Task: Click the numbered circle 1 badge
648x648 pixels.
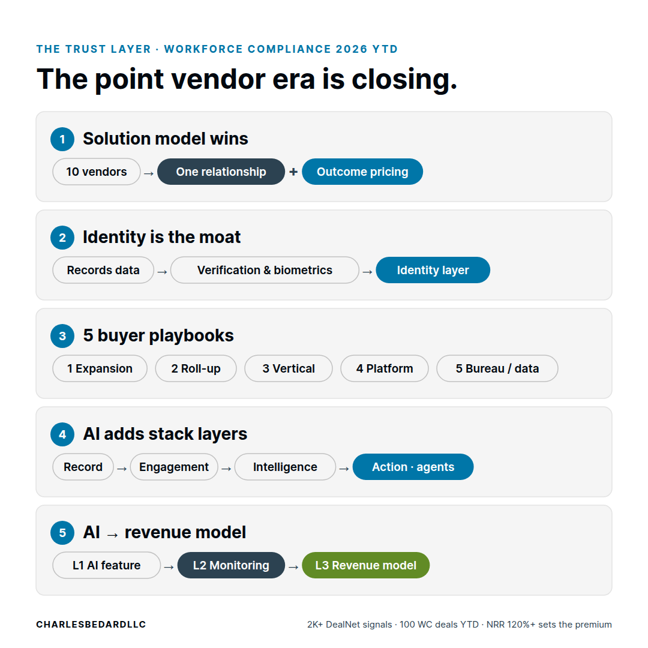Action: pyautogui.click(x=62, y=139)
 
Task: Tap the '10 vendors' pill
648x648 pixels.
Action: pyautogui.click(x=97, y=172)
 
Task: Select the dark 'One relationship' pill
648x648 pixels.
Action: pyautogui.click(x=221, y=172)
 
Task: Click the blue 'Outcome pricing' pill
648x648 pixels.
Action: pyautogui.click(x=362, y=172)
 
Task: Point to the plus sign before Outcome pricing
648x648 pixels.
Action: pyautogui.click(x=293, y=172)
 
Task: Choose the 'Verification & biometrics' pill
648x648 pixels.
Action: pyautogui.click(x=265, y=270)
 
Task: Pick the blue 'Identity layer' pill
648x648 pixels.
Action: pyautogui.click(x=433, y=270)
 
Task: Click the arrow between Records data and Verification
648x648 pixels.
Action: pyautogui.click(x=163, y=272)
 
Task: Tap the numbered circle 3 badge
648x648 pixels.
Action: pyautogui.click(x=62, y=336)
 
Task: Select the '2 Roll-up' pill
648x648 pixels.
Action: pyautogui.click(x=196, y=368)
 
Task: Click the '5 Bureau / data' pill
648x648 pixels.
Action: pyautogui.click(x=497, y=368)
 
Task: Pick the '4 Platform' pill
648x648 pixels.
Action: pyautogui.click(x=385, y=368)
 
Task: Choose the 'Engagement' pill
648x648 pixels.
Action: pyautogui.click(x=174, y=467)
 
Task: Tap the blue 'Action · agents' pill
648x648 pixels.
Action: pyautogui.click(x=413, y=467)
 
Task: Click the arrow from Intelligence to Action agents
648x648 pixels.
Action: pyautogui.click(x=344, y=469)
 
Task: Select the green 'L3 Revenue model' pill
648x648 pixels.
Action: pyautogui.click(x=366, y=565)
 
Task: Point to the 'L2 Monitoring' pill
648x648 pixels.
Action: pyautogui.click(x=231, y=565)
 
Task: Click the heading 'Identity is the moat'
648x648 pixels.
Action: pyautogui.click(x=161, y=237)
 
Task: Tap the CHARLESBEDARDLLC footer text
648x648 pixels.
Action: pyautogui.click(x=91, y=625)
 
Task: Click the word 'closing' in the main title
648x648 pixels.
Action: pyautogui.click(x=404, y=79)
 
